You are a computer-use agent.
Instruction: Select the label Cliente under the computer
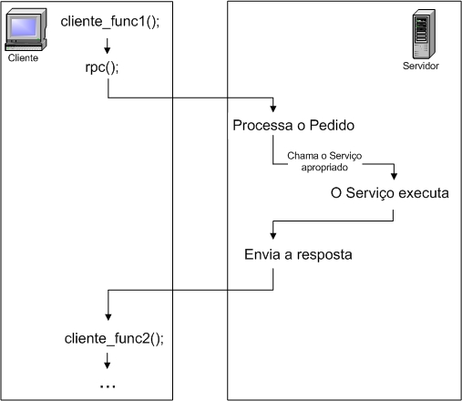(23, 58)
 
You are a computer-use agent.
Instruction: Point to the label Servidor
(421, 67)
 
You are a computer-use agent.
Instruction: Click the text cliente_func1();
(109, 21)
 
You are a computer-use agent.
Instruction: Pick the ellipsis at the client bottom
(108, 385)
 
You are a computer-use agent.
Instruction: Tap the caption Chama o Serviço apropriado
(324, 161)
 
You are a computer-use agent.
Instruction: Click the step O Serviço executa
(390, 194)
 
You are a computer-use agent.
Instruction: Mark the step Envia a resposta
(298, 253)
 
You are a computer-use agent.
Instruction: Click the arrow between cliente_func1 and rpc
(108, 46)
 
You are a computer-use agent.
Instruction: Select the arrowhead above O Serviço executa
(394, 179)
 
